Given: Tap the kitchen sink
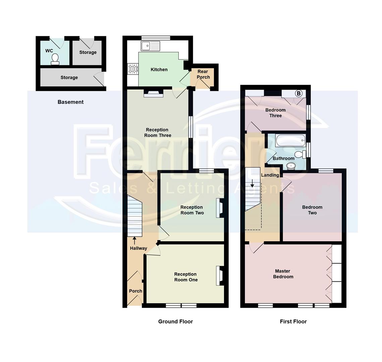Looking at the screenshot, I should click(150, 46).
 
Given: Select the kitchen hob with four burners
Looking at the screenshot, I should click(133, 69).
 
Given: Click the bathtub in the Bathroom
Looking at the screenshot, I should click(290, 140).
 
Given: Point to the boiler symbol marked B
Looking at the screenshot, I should click(298, 94).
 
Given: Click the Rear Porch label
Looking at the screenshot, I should click(203, 74).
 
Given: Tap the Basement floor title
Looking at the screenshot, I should click(70, 102).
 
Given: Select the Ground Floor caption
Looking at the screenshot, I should click(175, 321).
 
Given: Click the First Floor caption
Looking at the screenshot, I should click(293, 321).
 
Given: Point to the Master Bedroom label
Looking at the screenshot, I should click(283, 274).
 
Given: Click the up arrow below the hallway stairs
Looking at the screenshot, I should click(134, 240).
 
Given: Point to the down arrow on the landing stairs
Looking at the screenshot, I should click(253, 183).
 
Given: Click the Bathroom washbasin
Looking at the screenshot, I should click(291, 166).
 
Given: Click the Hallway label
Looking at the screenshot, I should click(139, 248).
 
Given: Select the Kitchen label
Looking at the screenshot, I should click(159, 70).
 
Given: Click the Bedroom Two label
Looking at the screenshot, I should click(312, 210).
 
